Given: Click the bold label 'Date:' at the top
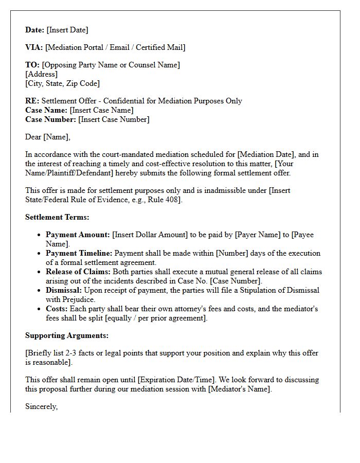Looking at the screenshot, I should point(34,30).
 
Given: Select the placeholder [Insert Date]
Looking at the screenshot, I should point(67,30).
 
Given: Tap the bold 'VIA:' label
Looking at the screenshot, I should point(34,47).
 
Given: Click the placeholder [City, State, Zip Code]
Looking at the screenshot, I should point(62,83).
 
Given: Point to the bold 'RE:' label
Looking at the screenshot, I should point(32,101).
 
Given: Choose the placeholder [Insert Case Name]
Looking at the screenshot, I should point(101,110).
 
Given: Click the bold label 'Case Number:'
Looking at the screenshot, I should point(50,119).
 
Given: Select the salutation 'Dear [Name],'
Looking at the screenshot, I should point(47,137).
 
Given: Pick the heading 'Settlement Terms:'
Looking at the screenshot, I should point(57,217).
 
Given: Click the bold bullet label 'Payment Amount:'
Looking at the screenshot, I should point(78,235).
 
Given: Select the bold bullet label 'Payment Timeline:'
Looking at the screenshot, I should point(79,253).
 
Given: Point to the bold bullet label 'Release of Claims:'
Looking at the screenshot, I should point(78,272).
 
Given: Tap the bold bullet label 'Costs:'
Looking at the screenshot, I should point(57,309).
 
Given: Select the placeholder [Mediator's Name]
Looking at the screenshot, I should point(239,389).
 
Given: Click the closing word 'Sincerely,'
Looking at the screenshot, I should point(42,406).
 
